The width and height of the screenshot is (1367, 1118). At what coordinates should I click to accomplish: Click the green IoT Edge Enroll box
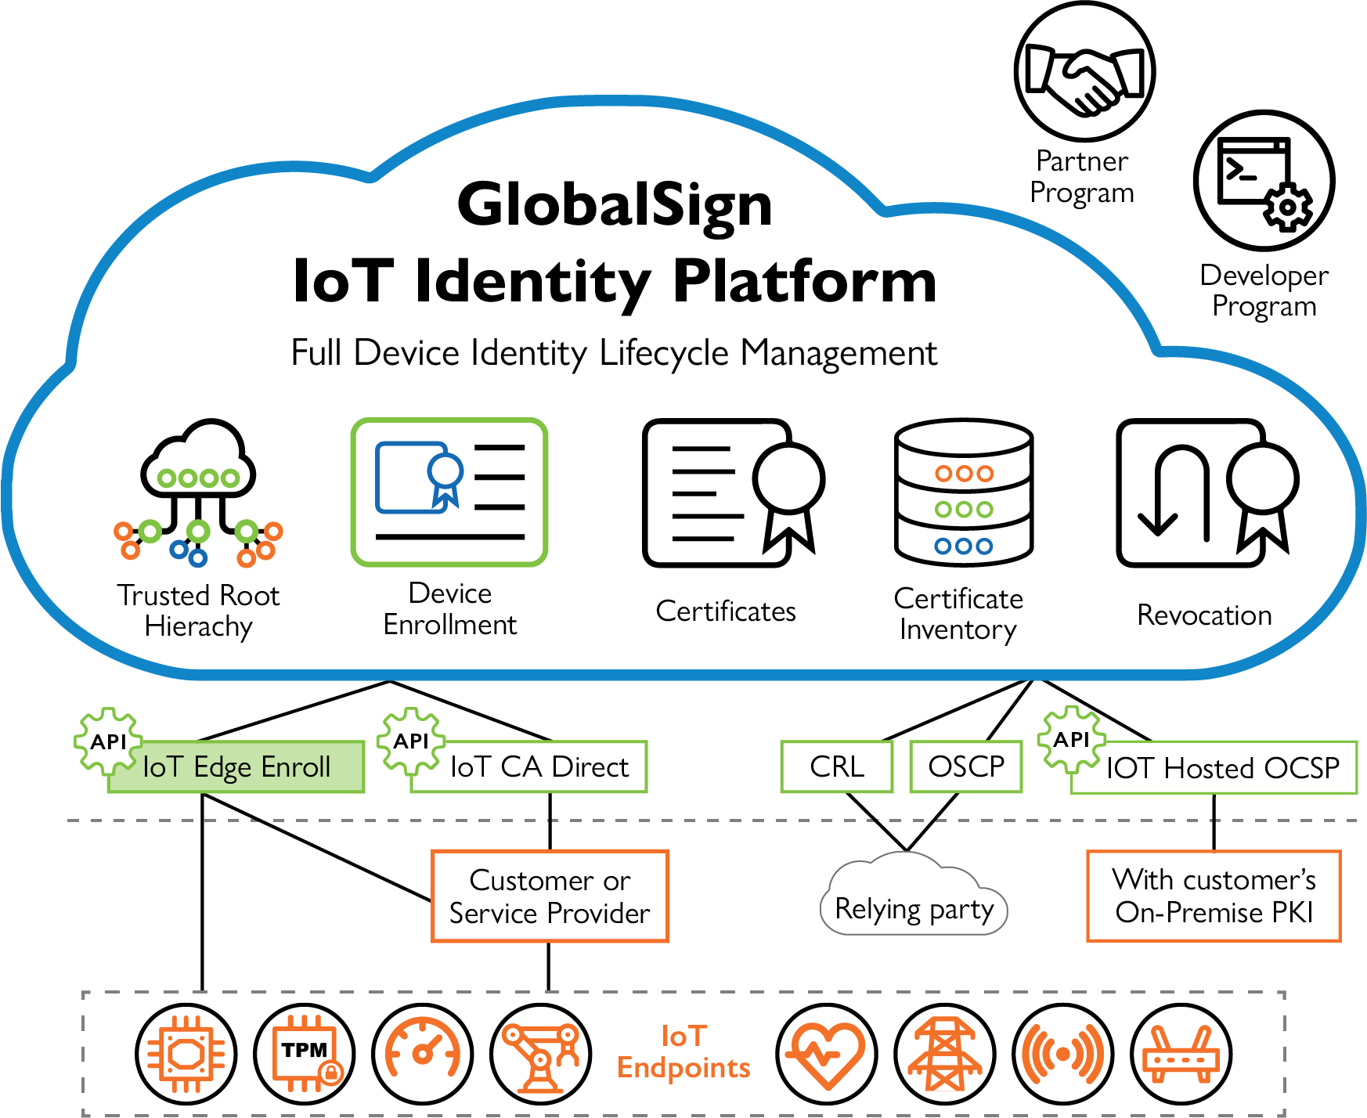(x=235, y=767)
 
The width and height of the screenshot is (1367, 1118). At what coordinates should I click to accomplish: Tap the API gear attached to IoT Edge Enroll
(x=108, y=741)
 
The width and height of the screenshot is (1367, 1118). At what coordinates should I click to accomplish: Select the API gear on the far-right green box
(x=1071, y=739)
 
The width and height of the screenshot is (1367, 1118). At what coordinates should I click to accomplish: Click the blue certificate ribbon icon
(x=445, y=479)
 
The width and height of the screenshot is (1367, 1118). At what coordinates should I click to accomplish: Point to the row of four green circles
(x=198, y=478)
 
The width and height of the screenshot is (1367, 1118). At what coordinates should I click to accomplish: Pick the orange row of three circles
(x=964, y=473)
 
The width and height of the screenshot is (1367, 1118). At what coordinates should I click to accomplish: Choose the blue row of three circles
(x=964, y=546)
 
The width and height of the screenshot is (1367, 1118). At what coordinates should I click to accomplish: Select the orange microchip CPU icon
(x=186, y=1054)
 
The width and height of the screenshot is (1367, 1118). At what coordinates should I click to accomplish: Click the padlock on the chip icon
(x=331, y=1073)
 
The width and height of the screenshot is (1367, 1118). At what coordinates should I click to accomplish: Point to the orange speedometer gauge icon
(x=423, y=1049)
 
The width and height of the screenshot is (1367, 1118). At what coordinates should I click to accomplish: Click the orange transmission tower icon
(x=945, y=1054)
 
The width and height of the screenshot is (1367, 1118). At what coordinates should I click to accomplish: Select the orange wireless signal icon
(x=1062, y=1054)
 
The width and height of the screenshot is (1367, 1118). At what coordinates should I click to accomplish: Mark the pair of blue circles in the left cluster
(x=188, y=554)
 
